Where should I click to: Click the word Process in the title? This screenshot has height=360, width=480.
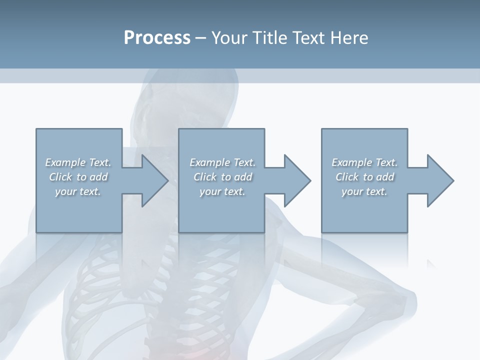(157, 38)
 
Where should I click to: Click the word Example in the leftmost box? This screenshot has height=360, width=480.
(65, 162)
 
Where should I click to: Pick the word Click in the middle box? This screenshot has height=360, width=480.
(204, 177)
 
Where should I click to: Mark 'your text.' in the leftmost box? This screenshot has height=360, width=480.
(78, 191)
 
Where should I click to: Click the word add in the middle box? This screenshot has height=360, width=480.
(243, 177)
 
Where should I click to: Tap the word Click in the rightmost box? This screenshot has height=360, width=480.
(346, 177)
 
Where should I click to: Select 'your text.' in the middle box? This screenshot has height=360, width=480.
(222, 191)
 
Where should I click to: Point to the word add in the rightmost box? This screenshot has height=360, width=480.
(385, 177)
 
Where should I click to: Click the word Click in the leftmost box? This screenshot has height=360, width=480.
(60, 177)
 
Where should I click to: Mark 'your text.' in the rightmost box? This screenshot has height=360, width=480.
(364, 191)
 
